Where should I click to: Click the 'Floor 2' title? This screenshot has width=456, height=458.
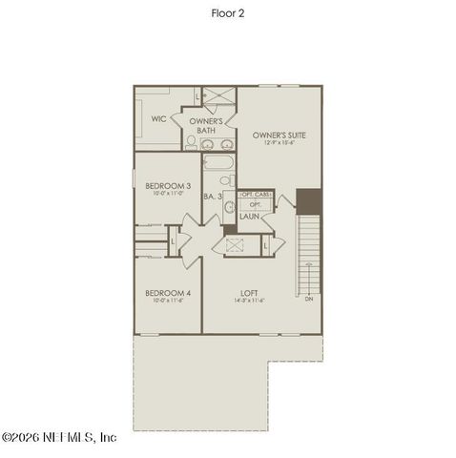(x=228, y=13)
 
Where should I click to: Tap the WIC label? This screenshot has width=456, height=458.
(x=159, y=119)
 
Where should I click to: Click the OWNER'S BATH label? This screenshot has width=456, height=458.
(x=205, y=126)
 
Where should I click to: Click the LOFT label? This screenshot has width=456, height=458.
(x=249, y=293)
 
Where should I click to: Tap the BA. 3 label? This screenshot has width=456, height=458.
(x=213, y=197)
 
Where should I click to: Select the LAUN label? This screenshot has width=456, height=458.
(x=250, y=217)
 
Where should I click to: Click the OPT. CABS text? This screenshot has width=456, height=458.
(x=256, y=195)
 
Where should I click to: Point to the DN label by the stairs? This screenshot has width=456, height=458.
(x=309, y=299)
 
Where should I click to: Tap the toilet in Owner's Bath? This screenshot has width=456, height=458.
(x=191, y=143)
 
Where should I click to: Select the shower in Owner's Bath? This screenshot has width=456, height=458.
(x=219, y=96)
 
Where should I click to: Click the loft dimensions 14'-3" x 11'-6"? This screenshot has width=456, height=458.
(x=249, y=302)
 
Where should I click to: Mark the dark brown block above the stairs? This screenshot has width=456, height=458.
(x=309, y=201)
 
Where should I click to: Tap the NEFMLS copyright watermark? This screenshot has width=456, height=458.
(x=59, y=437)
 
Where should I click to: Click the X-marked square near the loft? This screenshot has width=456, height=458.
(x=235, y=244)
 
